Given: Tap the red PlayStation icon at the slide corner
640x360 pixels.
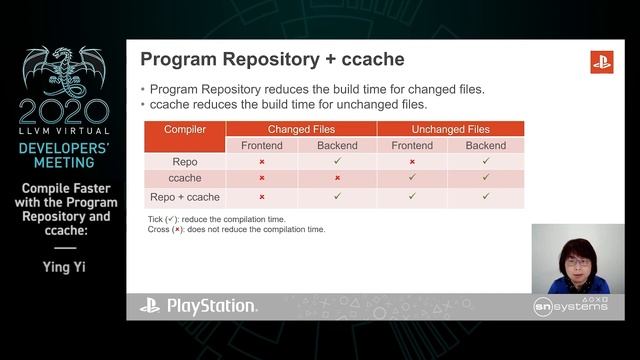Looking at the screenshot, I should click(601, 62).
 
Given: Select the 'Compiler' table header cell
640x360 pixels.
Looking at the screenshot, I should click(185, 129).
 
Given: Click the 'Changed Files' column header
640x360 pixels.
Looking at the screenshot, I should click(301, 129).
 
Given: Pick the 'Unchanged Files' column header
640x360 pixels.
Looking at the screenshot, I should click(450, 129).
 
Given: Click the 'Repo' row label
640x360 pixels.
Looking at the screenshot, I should click(185, 161).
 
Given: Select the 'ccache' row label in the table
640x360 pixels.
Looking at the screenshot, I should click(185, 178).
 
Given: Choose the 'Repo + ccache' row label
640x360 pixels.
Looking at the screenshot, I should click(185, 196).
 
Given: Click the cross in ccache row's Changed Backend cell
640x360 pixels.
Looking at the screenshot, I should click(337, 178).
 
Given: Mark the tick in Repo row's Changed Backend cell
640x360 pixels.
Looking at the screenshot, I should click(338, 160).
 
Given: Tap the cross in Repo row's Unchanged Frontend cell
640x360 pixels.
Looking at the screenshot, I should click(412, 161).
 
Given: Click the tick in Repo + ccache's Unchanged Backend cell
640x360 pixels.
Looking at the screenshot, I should click(486, 196).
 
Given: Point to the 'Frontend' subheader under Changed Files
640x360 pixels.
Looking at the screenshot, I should click(262, 145).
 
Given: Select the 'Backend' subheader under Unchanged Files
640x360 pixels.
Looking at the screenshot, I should click(486, 145).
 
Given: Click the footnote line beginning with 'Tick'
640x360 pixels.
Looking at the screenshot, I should click(214, 219).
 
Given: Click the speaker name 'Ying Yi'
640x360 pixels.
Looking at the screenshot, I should click(64, 267).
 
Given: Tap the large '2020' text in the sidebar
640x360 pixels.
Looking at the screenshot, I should click(64, 110).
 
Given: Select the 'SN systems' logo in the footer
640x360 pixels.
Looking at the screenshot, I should click(570, 305).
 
